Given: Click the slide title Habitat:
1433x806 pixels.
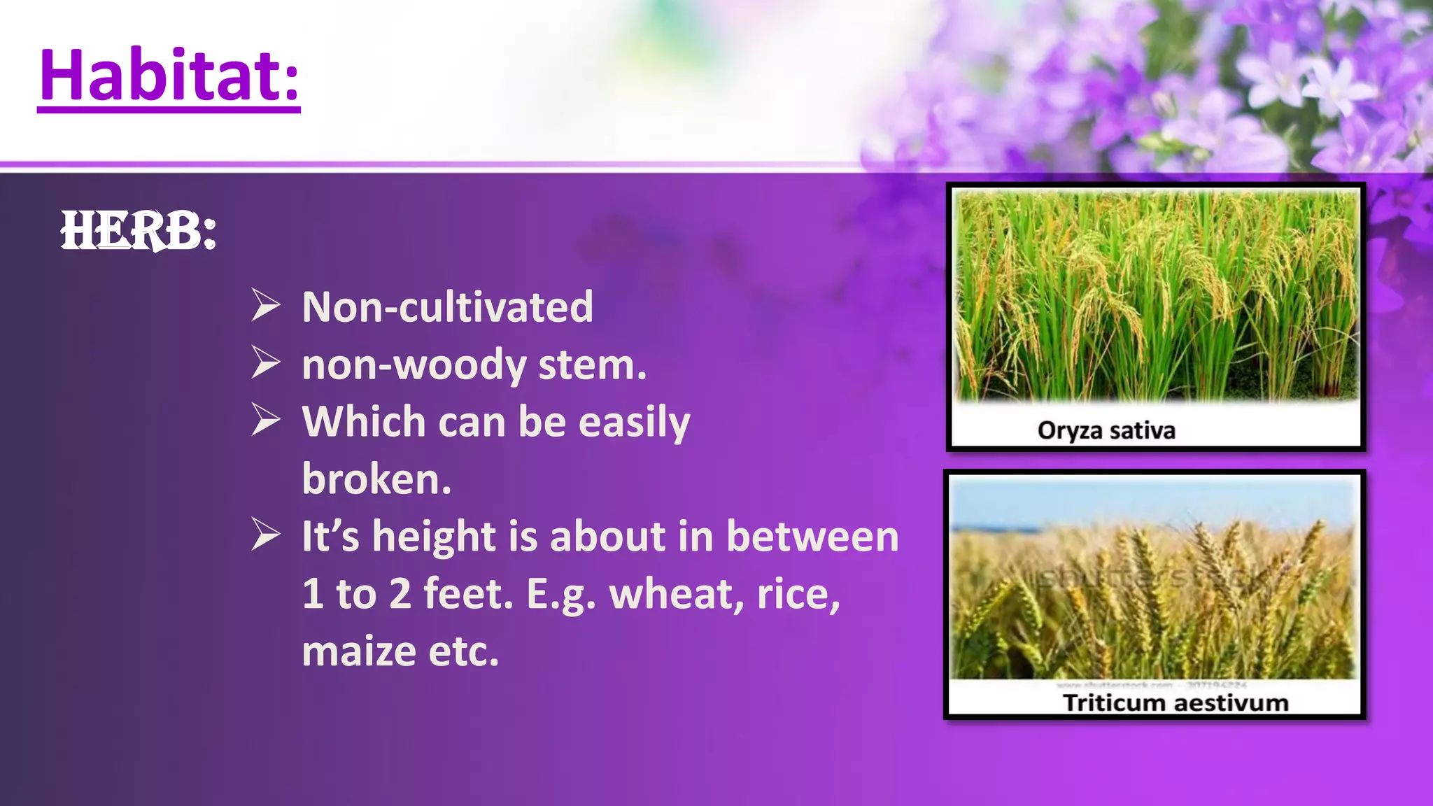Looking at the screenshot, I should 169,76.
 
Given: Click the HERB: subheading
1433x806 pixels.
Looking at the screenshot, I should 138,231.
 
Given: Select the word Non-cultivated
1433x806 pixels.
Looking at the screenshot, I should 447,306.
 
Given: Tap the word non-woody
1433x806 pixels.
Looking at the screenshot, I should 414,365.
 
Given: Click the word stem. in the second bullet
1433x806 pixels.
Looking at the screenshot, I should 592,365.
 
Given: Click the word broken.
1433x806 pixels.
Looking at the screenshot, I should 376,479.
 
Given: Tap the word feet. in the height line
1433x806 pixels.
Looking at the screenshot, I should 468,594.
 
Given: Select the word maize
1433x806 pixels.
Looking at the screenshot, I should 359,651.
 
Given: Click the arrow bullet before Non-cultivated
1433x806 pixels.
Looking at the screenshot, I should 266,306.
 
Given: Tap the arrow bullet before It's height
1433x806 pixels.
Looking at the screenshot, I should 266,536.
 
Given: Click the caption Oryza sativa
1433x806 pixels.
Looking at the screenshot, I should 1106,430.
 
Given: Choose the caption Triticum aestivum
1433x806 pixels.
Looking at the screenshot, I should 1175,702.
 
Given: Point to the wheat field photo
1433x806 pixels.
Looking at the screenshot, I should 1155,581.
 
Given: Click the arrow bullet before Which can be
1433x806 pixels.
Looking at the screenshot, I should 266,421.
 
